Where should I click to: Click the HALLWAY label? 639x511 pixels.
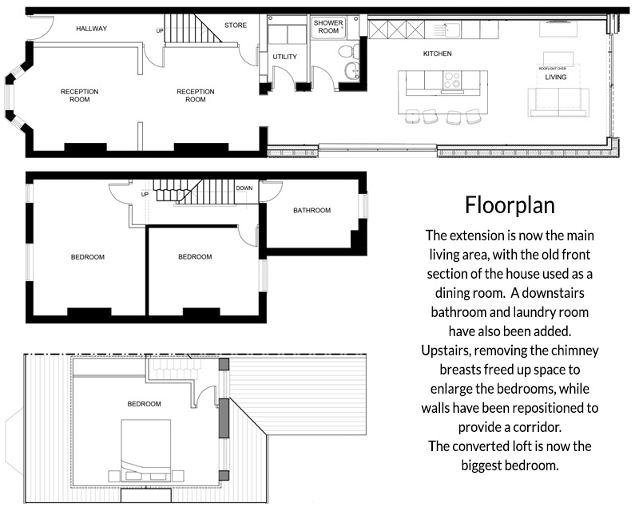coord(91,29)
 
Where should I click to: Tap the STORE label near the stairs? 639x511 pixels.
coord(236,26)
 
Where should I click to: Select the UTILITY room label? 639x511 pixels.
coord(285,57)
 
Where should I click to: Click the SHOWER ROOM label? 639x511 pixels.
coord(328,26)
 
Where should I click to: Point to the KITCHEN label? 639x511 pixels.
coord(437,53)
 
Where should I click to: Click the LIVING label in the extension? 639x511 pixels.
coord(556,77)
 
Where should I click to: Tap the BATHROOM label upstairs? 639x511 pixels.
coord(312,210)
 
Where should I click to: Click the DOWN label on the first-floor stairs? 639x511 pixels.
coord(244,188)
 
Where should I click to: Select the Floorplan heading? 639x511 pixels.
coord(510,205)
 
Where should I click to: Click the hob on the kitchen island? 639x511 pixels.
coord(451,80)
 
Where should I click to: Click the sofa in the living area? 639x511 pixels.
coord(558,103)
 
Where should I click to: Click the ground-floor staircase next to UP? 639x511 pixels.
coord(193,28)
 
